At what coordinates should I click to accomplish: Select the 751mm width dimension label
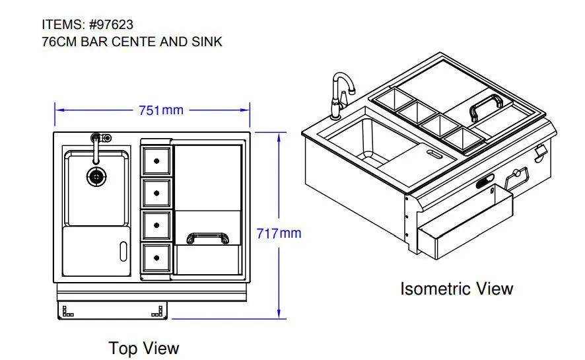[x=160, y=110]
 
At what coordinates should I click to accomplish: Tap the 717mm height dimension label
[x=279, y=233]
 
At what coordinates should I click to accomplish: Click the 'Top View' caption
[x=144, y=348]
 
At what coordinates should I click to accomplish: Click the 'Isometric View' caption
[x=456, y=289]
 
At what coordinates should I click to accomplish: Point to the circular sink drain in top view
[x=96, y=176]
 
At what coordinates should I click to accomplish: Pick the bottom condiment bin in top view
[x=157, y=258]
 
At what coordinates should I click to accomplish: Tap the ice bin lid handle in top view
[x=207, y=238]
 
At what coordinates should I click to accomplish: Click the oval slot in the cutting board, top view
[x=123, y=251]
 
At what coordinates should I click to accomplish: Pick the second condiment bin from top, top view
[x=157, y=193]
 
